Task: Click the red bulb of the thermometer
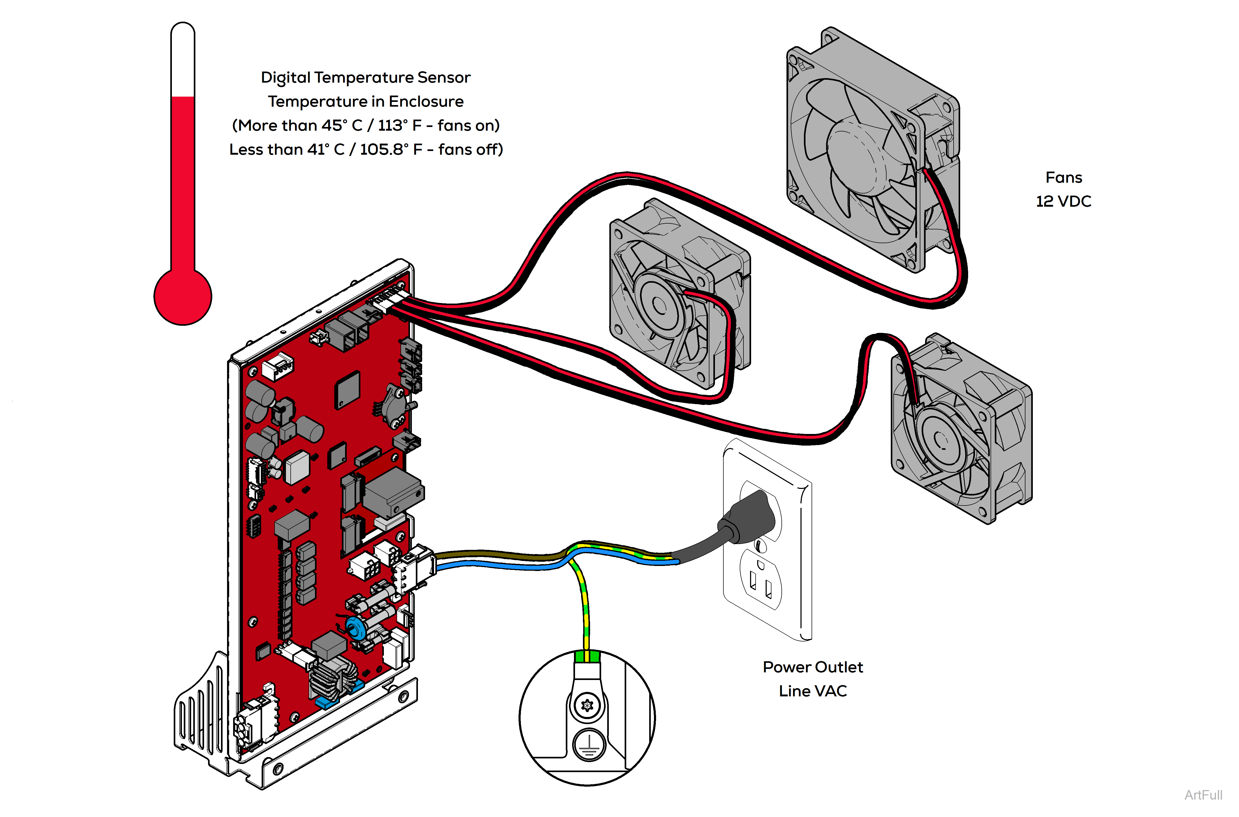(x=182, y=296)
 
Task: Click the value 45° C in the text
(x=341, y=126)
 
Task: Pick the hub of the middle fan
(x=659, y=305)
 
